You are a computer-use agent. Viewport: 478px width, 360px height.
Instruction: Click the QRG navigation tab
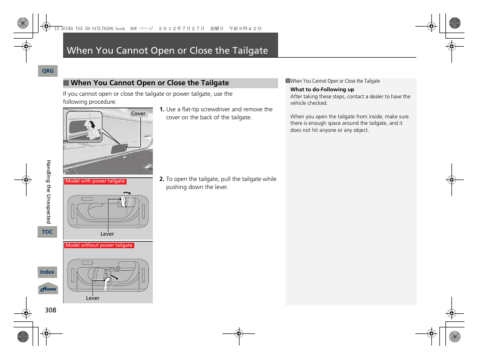(48, 71)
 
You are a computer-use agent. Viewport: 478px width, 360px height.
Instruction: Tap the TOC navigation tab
(48, 232)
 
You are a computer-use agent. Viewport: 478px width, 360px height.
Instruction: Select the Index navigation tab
(48, 272)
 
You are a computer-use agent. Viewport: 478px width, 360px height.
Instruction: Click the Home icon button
(48, 289)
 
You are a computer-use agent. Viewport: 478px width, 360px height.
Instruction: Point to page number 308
(50, 310)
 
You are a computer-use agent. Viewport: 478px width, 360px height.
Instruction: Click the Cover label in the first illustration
(138, 114)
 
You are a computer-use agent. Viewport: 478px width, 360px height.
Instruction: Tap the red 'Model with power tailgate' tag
(95, 182)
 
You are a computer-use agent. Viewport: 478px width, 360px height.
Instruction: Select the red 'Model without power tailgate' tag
(99, 246)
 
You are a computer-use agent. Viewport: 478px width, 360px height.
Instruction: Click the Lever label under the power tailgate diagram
(107, 234)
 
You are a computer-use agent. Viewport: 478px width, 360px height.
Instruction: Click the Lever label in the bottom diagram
(93, 298)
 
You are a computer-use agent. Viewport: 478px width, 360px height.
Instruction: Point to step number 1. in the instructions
(162, 109)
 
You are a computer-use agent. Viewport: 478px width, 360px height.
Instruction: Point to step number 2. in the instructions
(162, 179)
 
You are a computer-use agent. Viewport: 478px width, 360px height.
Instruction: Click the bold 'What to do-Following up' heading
(322, 90)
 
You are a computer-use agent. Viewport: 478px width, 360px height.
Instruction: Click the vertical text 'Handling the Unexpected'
(49, 192)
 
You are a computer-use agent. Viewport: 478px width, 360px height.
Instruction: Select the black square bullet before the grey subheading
(66, 83)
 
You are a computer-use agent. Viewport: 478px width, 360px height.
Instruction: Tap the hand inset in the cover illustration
(84, 127)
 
